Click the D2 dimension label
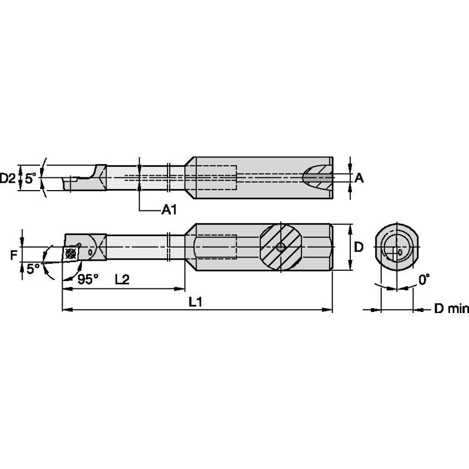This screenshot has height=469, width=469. (x=8, y=178)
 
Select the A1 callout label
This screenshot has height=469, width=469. (x=169, y=209)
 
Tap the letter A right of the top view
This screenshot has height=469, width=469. (x=359, y=177)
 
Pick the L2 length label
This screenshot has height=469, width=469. (x=121, y=279)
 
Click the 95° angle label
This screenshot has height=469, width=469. (x=87, y=279)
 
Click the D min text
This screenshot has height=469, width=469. (x=451, y=309)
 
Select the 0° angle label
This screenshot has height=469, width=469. (x=423, y=280)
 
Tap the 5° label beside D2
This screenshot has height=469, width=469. (x=32, y=178)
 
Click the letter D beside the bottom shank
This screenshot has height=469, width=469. (x=358, y=247)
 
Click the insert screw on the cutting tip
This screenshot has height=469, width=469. (x=70, y=254)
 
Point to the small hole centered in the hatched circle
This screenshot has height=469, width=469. (x=281, y=248)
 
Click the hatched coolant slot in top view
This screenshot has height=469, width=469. (x=317, y=177)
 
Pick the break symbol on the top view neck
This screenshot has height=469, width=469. (x=170, y=177)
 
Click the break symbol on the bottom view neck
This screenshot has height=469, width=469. (x=170, y=248)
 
